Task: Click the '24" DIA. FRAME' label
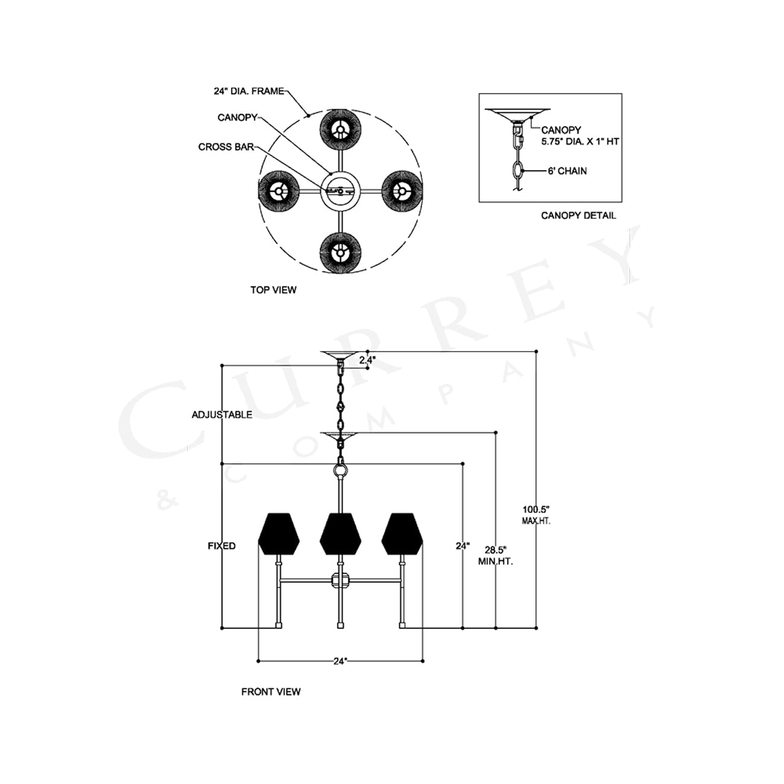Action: click(248, 91)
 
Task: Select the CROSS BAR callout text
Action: click(226, 147)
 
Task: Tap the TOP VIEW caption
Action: click(273, 290)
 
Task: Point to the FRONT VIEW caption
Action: click(271, 692)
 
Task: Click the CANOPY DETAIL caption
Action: click(578, 216)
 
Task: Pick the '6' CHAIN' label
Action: click(567, 171)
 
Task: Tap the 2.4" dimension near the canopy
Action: click(367, 360)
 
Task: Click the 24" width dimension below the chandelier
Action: click(340, 662)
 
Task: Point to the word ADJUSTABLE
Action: click(222, 414)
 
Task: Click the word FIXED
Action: click(221, 546)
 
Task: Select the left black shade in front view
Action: click(279, 534)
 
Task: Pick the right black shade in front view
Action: click(402, 534)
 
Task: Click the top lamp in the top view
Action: click(340, 130)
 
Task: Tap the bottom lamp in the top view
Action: click(340, 253)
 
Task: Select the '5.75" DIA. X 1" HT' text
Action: click(580, 142)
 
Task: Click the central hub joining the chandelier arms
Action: click(340, 581)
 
